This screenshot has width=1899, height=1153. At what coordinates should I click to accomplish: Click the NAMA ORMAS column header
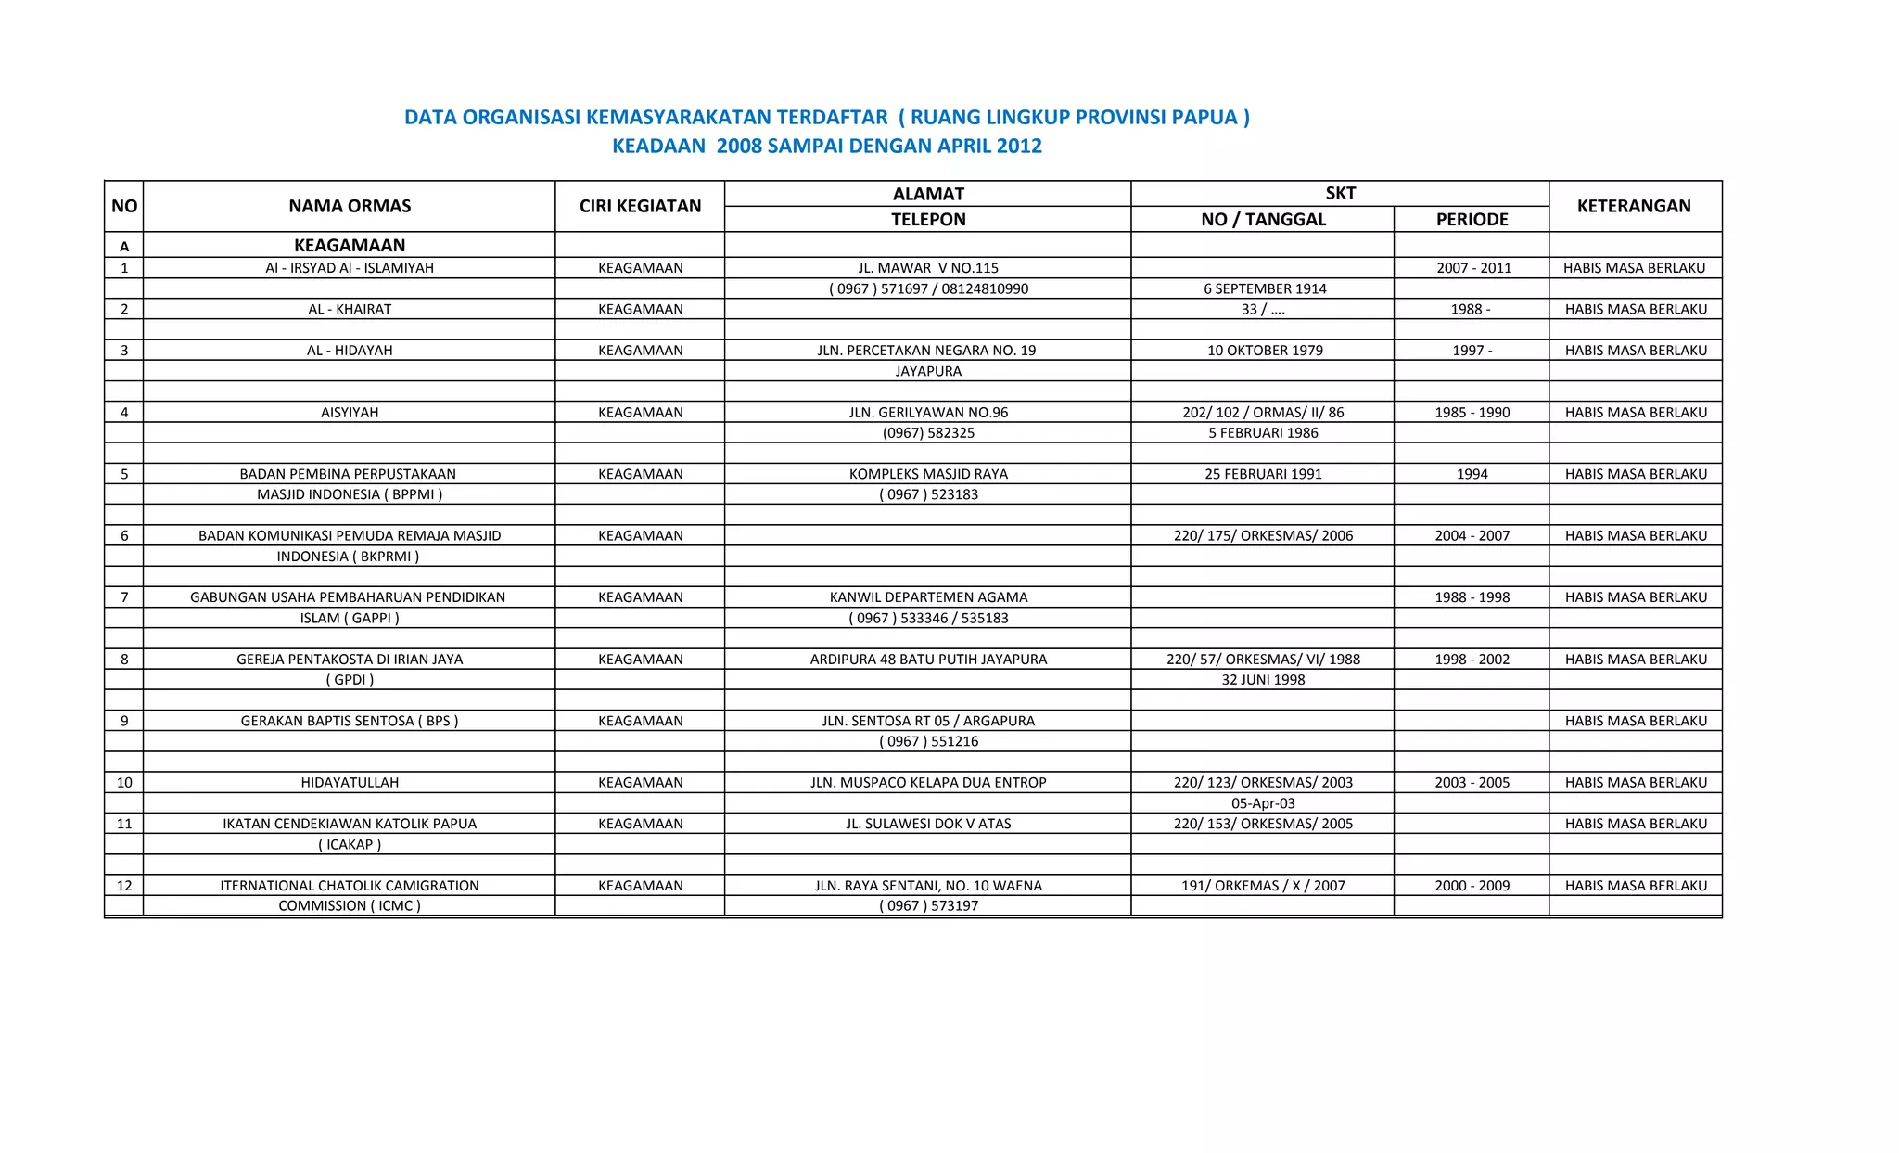(350, 206)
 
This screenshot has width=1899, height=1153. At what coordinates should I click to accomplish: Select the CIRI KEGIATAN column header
(640, 206)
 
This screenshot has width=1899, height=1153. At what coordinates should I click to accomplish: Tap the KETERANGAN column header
(1634, 206)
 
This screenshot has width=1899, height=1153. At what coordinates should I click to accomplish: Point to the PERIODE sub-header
(1472, 220)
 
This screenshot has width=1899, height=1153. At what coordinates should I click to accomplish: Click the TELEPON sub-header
(928, 220)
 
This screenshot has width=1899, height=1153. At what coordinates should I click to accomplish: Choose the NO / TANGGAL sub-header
(1263, 220)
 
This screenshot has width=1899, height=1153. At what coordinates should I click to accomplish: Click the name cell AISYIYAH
(350, 413)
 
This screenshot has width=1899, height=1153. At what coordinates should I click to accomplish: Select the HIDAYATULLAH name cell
(350, 783)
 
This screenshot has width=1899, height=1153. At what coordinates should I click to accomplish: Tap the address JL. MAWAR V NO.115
(928, 268)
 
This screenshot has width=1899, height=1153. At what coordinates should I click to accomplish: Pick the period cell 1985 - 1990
(1472, 413)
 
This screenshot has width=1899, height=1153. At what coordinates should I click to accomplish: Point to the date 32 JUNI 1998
(1263, 680)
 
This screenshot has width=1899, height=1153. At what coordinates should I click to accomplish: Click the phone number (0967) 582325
(928, 433)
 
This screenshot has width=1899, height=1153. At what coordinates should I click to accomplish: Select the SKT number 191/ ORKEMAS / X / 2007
(1263, 886)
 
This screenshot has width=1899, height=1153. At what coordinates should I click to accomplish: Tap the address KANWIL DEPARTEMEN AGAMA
(928, 597)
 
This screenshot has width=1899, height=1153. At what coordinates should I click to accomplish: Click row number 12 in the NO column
(124, 886)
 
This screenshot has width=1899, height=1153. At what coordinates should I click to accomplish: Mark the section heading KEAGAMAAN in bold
(350, 246)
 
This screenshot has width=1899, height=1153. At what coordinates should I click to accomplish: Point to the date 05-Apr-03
(1263, 803)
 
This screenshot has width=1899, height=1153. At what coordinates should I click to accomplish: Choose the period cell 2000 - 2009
(1472, 886)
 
